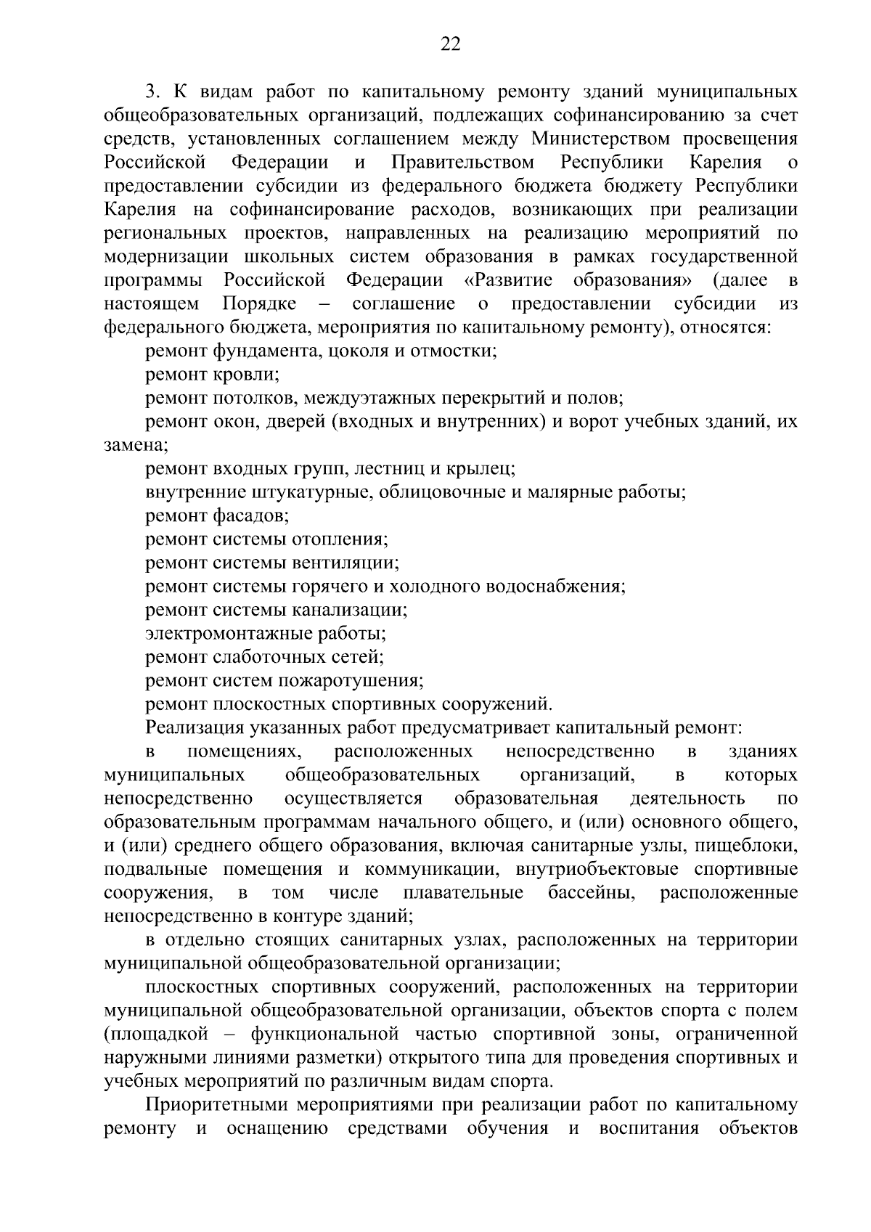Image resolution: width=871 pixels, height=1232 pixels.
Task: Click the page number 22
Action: [x=450, y=45]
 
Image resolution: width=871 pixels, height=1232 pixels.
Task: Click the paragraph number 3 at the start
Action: [x=150, y=92]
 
